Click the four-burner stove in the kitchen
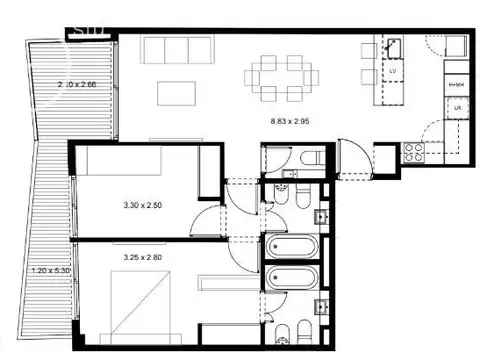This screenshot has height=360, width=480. pos(412,152)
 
